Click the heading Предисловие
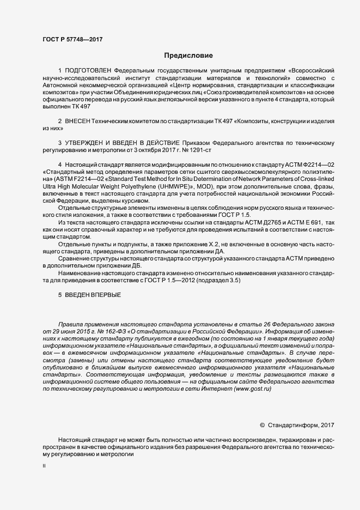[x=189, y=56]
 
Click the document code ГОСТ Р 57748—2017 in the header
[x=72, y=39]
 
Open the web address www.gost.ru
[x=252, y=388]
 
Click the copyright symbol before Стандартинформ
[x=263, y=425]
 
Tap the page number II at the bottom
[x=44, y=466]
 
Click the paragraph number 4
[x=59, y=165]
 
